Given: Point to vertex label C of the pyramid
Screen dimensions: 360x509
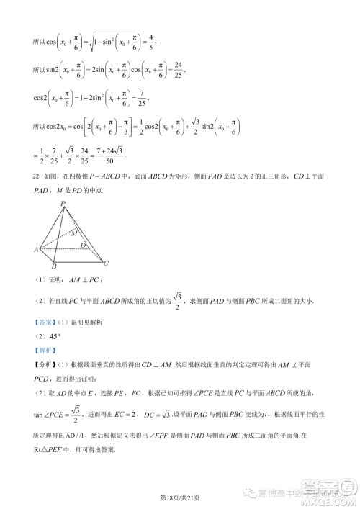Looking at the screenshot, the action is point(107,263).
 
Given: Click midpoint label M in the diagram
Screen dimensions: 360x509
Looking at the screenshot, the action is point(75,233).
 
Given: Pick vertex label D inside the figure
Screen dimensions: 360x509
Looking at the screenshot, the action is point(84,246).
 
